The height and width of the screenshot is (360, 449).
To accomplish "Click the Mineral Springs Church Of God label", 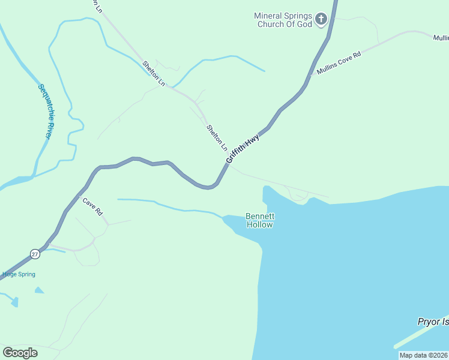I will tap(284, 20).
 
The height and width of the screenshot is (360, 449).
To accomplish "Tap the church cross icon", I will tap(321, 20).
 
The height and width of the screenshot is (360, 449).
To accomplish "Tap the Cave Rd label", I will tap(93, 208).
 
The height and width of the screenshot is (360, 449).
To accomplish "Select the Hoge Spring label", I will tap(18, 274).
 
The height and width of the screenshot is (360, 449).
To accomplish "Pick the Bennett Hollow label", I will tap(260, 220).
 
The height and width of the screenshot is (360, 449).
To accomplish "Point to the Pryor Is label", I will tap(433, 322).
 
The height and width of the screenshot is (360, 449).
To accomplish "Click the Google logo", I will tap(20, 352).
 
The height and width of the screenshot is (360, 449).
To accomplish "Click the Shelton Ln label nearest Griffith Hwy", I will tap(217, 137).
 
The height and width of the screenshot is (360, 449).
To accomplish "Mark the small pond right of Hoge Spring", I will tap(39, 290).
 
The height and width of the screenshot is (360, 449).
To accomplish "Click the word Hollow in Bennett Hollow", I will tap(260, 225).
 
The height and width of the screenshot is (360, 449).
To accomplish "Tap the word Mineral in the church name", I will tap(268, 16).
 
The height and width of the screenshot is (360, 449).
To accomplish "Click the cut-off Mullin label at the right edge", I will tap(441, 37).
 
